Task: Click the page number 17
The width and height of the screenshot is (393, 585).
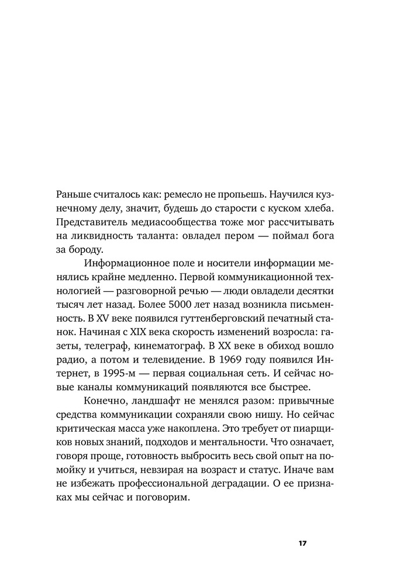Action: point(302,543)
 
